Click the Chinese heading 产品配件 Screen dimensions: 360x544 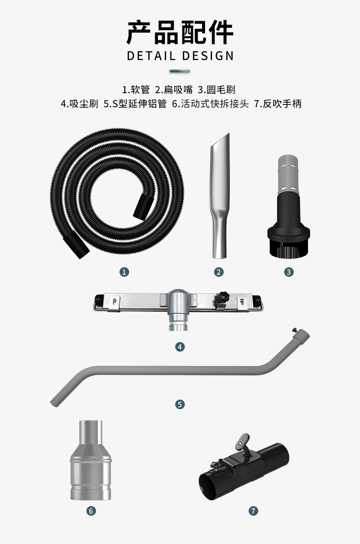pos(180,32)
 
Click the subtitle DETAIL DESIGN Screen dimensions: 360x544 pos(180,56)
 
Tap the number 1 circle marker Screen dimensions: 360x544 pos(124,272)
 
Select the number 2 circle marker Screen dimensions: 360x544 pos(219,272)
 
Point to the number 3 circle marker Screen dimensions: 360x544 pos(289,272)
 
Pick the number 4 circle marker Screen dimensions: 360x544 pos(180,346)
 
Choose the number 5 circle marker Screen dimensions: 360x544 pos(180,404)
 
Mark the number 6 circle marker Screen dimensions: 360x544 pos(91,511)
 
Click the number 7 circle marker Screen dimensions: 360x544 pos(253,511)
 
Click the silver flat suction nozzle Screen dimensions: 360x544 pos(219,196)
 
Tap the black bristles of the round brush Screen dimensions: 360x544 pos(288,250)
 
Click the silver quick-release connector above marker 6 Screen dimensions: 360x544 pos(91,460)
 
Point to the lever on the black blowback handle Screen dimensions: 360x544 pos(243,443)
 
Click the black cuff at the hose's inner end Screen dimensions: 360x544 pos(144,207)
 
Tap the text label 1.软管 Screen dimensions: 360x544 pos(136,90)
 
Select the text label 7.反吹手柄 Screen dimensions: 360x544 pos(278,104)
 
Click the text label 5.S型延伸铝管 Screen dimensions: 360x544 pos(135,104)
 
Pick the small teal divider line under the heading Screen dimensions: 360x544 pos(180,71)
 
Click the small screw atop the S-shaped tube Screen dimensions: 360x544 pos(295,330)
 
